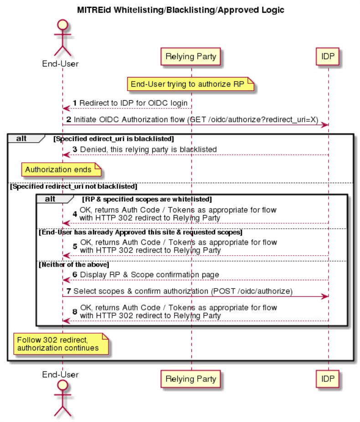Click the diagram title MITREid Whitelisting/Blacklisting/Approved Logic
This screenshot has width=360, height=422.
(180, 10)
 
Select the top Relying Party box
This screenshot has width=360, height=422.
(190, 57)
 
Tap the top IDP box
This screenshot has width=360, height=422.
(328, 57)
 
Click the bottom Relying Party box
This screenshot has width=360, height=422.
(190, 379)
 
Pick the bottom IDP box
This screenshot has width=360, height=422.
(328, 379)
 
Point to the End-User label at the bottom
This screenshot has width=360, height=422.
(60, 374)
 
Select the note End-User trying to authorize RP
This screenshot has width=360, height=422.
(190, 84)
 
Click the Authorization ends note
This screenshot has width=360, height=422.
(62, 170)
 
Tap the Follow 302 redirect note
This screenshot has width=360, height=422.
(61, 344)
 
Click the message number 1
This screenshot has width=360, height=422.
(75, 103)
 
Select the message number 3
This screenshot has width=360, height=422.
(75, 149)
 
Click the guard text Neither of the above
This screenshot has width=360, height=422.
(74, 265)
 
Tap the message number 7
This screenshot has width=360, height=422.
(69, 291)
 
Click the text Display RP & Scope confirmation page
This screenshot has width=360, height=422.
(149, 274)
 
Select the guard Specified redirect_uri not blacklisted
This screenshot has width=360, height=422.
(74, 186)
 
